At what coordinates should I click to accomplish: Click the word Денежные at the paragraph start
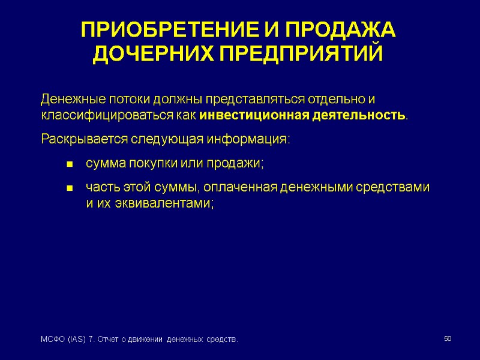[x=65, y=98]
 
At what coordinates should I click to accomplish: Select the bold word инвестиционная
[x=254, y=115]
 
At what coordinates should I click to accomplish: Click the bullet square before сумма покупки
[x=70, y=164]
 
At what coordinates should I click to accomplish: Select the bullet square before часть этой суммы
[x=70, y=188]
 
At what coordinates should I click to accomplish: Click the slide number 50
[x=447, y=340]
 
